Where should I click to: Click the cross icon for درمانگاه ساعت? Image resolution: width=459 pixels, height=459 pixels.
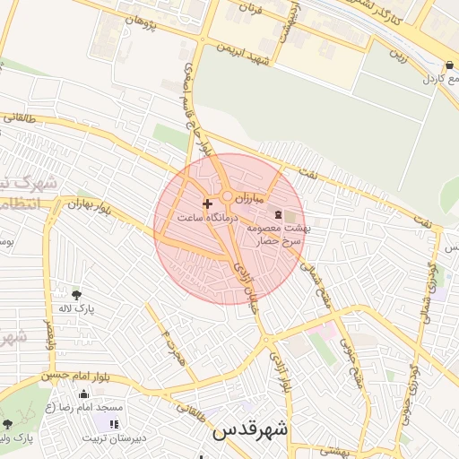[208, 204]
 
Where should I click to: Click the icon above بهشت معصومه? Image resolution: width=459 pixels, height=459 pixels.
[276, 214]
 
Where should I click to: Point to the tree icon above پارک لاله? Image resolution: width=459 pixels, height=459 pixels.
[75, 294]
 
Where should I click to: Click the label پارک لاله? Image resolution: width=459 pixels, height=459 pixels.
[76, 309]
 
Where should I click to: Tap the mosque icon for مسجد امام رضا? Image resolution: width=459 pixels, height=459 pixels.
[84, 394]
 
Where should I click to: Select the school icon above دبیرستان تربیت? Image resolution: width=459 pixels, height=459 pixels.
[114, 423]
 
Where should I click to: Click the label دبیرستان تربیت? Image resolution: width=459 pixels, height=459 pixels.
[112, 438]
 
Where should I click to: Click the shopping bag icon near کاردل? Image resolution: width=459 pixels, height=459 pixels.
[448, 65]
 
